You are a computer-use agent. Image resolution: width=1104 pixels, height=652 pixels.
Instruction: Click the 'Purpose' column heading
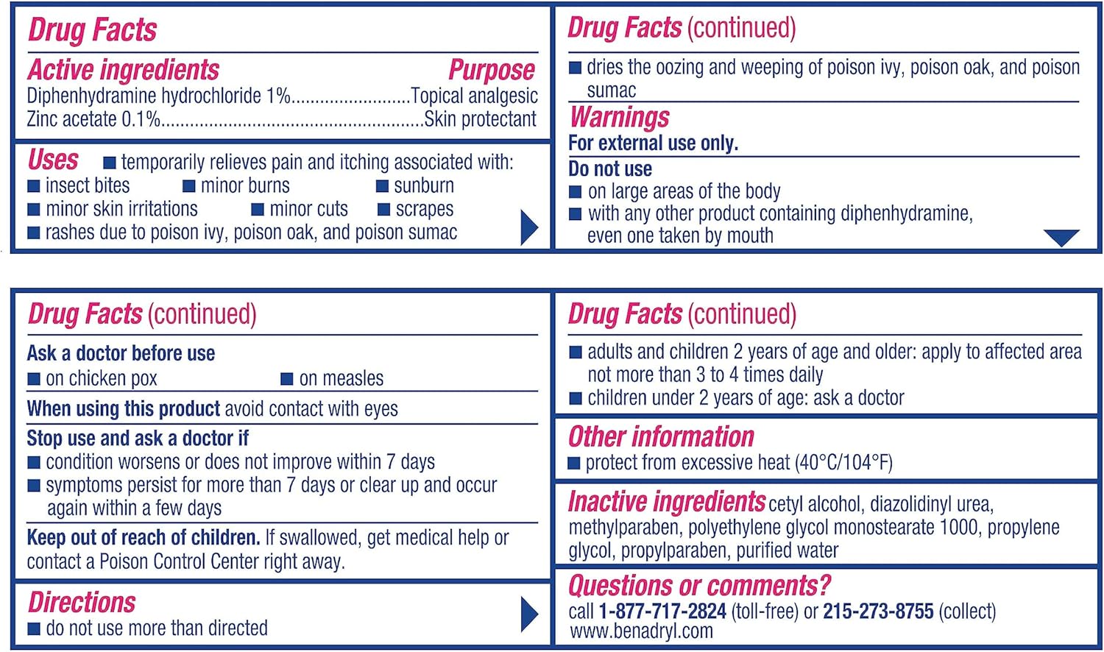492,70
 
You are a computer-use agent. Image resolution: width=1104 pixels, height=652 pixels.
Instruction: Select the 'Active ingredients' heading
124,70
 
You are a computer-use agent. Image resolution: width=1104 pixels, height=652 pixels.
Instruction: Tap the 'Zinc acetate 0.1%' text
93,119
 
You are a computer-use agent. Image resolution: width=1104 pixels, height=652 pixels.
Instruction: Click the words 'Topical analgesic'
474,96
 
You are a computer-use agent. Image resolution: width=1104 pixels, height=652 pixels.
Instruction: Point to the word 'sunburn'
424,185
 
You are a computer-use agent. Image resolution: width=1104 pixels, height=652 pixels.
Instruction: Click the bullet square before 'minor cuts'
258,210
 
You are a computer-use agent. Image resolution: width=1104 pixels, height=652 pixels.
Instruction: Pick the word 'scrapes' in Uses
425,209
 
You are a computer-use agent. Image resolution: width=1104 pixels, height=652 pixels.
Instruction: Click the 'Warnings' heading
619,117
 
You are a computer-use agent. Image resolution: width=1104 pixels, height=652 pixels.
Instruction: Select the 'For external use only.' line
653,143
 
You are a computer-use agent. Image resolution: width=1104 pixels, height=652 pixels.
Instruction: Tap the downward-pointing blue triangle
1061,237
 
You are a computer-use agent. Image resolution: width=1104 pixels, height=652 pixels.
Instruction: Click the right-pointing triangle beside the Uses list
528,227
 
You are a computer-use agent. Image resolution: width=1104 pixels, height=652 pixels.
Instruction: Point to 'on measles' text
341,378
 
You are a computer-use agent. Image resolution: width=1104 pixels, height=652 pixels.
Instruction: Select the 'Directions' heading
82,603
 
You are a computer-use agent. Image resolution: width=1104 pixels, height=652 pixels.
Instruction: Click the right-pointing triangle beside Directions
528,614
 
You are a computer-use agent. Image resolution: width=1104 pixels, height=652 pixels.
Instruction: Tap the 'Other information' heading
661,437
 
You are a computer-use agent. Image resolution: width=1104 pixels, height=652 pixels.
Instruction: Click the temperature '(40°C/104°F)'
843,462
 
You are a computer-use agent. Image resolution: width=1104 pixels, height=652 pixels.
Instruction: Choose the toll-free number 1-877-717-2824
662,611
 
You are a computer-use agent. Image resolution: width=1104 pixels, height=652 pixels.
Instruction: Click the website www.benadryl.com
641,631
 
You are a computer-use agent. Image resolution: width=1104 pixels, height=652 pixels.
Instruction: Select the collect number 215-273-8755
878,611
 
